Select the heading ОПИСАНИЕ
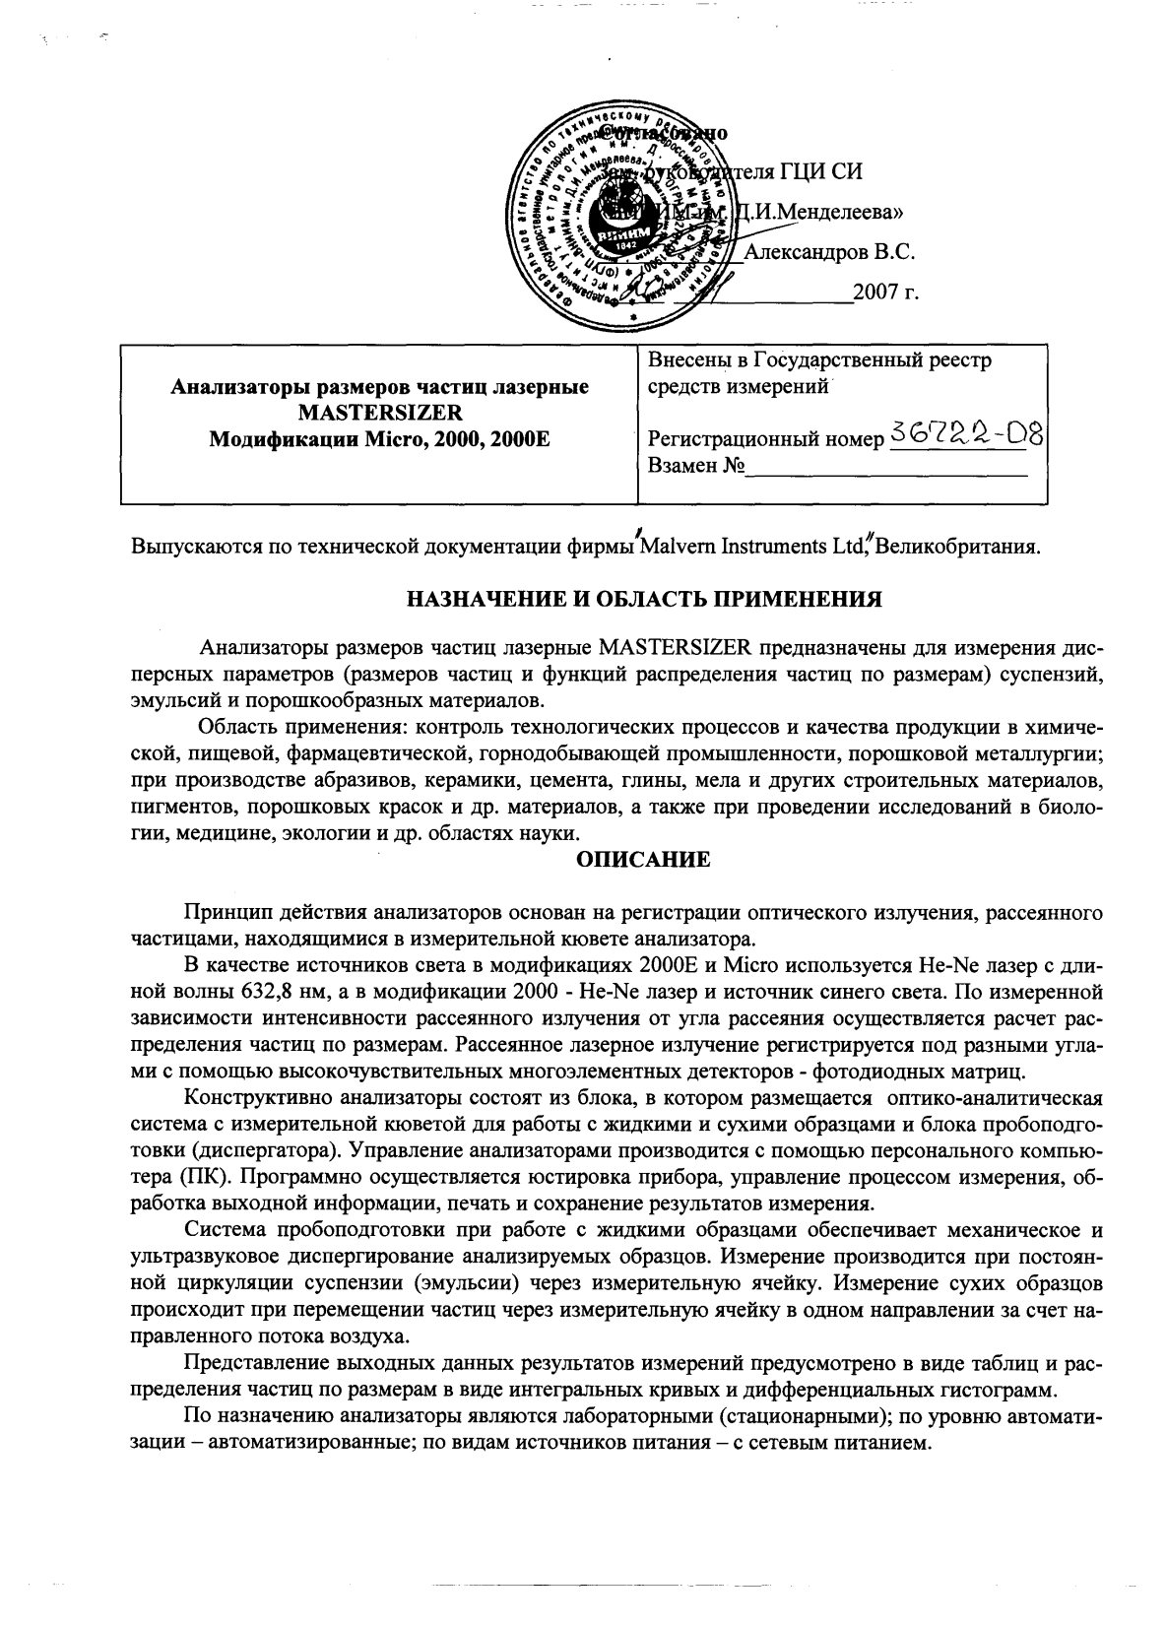(642, 860)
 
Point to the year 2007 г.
(886, 293)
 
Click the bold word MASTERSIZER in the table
(380, 411)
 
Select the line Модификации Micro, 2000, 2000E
(380, 434)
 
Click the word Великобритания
(956, 545)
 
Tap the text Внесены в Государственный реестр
(819, 360)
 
